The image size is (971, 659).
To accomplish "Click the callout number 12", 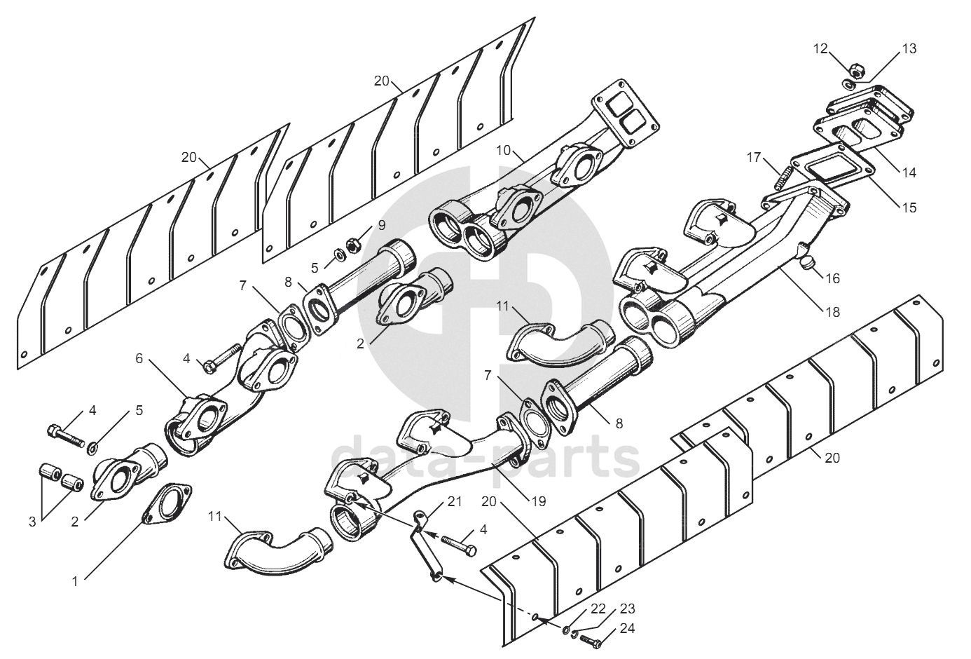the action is [x=820, y=48].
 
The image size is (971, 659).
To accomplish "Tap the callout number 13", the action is [x=908, y=49].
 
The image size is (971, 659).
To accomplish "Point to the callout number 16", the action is [x=832, y=278].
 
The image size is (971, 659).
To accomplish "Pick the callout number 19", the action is [x=538, y=501].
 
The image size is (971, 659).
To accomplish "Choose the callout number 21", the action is [x=455, y=502].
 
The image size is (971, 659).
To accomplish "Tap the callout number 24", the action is [x=627, y=629].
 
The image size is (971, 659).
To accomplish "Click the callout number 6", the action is [x=139, y=358].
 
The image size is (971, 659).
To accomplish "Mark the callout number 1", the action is [x=74, y=581].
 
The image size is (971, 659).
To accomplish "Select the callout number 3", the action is [x=32, y=521].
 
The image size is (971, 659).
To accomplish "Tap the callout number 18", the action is [x=832, y=312].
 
